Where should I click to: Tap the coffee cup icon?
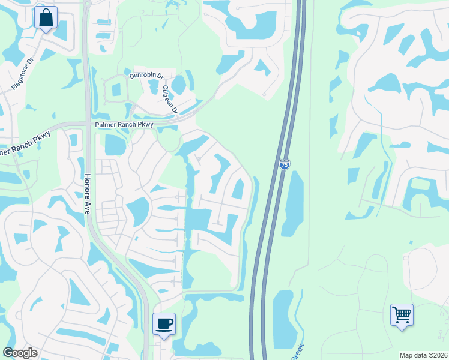pos(164,324)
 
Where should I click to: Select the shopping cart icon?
pos(402,314)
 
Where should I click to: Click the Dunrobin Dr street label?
pos(146,76)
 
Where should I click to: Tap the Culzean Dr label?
pos(170,99)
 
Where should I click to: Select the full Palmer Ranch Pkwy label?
pos(124,124)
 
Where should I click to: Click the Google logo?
pos(20,353)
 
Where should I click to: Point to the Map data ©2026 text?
pos(423,355)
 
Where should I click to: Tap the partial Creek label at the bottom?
pos(298,352)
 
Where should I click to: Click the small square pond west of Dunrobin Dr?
pos(116,90)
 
